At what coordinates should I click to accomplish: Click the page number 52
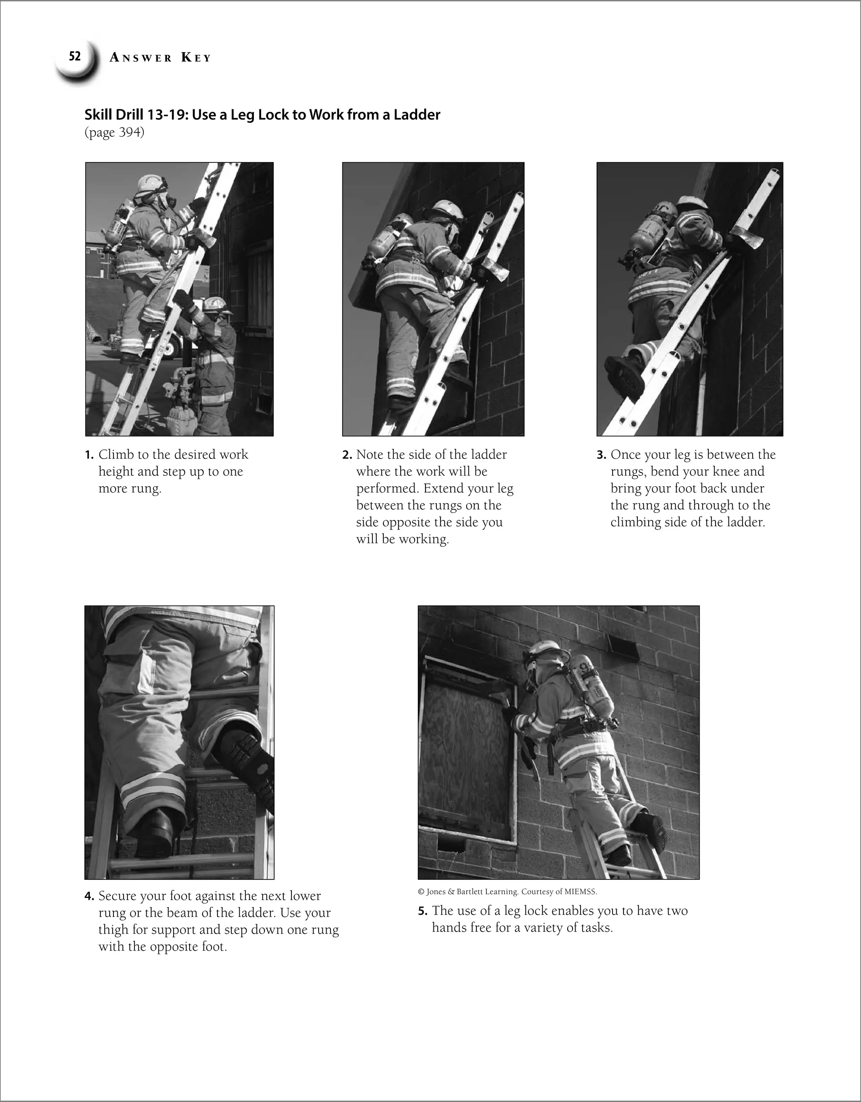[x=75, y=56]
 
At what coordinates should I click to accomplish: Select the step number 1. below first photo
[x=89, y=455]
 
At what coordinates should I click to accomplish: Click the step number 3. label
[x=601, y=455]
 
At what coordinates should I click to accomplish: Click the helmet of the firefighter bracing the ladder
[x=216, y=304]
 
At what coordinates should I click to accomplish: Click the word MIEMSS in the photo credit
[x=581, y=892]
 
